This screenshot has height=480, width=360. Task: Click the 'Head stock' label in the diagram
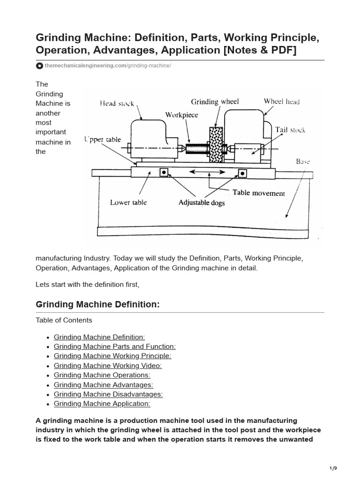pos(117,104)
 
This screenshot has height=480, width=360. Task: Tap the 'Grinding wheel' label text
pos(215,101)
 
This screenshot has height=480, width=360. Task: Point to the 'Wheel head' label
pos(281,101)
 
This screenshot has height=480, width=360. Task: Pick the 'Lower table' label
pos(128,202)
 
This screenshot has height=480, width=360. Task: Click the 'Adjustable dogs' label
pos(202,203)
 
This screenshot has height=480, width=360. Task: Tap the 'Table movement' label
pos(258,193)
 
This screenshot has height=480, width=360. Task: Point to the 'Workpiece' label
pos(181,115)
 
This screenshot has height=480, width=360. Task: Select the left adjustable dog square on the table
pos(164,172)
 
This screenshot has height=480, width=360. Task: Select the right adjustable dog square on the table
pos(242,173)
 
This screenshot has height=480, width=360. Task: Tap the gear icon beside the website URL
pos(40,66)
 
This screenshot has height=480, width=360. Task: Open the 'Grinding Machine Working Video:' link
pos(107,366)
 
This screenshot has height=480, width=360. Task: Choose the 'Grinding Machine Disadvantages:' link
pos(108,394)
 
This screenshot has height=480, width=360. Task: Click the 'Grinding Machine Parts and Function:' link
pos(114,346)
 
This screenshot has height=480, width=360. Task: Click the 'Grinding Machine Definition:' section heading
pos(97,305)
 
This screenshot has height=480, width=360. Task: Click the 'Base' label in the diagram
pos(302,161)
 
